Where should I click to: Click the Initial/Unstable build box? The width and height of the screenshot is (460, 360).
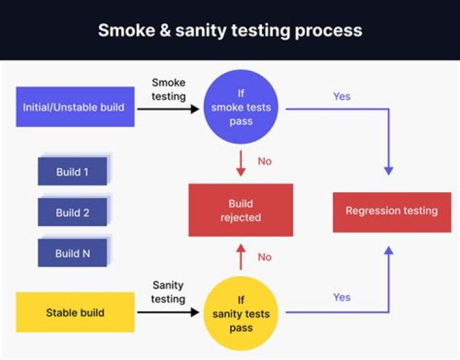pos(75,107)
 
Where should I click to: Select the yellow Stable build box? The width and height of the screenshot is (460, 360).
pos(75,312)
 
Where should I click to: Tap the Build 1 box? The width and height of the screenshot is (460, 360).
pos(72,171)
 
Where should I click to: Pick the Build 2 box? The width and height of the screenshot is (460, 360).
pos(72,212)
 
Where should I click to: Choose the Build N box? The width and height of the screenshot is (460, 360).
pos(72,253)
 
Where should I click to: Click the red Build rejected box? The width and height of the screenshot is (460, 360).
pos(240,210)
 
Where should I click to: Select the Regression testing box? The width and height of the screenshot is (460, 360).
pos(392,211)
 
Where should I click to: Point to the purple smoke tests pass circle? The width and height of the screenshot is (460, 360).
pos(241,107)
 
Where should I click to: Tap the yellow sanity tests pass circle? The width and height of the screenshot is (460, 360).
pos(241,313)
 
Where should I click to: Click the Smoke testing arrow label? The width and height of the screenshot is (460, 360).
pos(169,89)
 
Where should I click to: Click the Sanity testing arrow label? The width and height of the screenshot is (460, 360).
pos(169,292)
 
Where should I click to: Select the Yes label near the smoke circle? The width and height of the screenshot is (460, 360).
pos(342,96)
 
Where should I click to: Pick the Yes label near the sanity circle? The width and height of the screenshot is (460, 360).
pos(342,297)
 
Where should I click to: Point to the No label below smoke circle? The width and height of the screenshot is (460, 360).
pos(264,161)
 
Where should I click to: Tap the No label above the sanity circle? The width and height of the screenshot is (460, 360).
pos(264,257)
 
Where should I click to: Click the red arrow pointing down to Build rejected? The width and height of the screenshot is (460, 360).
pos(241,163)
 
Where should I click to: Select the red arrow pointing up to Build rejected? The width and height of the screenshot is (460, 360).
pos(241,256)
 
